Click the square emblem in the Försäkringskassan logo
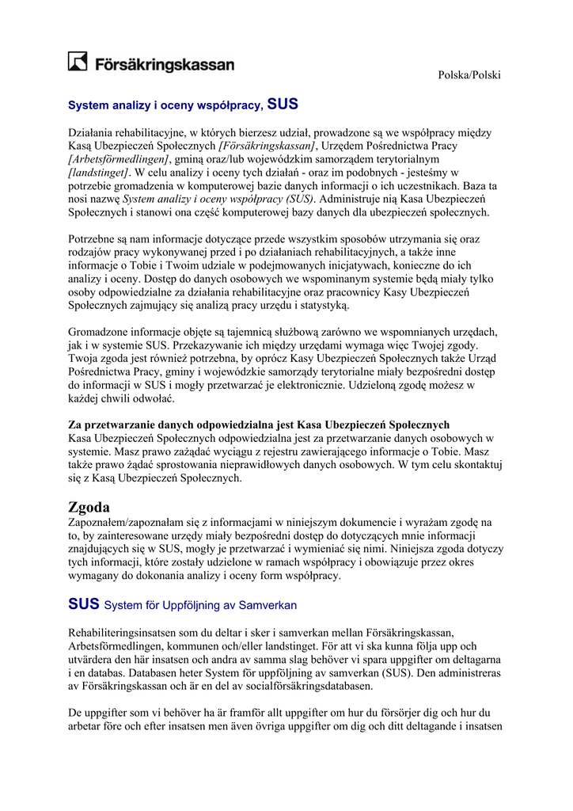coord(78,62)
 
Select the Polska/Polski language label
coord(470,74)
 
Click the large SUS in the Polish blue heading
coord(283,103)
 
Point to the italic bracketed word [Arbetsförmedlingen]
coord(119,159)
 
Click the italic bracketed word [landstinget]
coord(98,172)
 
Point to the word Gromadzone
coord(99,333)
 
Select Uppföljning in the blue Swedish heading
coord(195,605)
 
